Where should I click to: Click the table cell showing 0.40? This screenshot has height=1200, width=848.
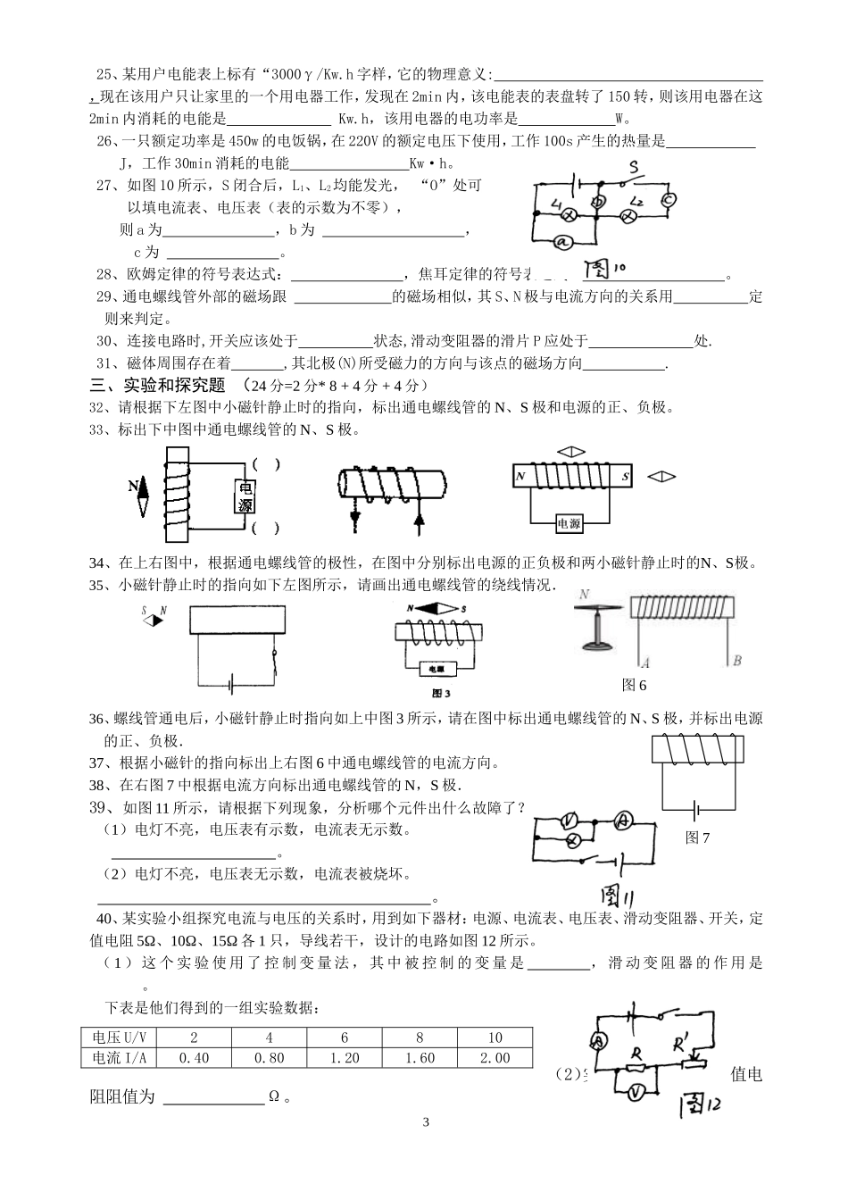pos(194,1058)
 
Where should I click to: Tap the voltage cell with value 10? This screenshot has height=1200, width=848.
pos(495,1037)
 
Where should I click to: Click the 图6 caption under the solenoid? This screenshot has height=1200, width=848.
pos(634,685)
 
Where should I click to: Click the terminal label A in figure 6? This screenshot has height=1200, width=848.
pos(644,662)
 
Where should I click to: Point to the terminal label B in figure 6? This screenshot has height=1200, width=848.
pos(736,662)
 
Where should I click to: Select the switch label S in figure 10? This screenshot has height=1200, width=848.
pos(633,167)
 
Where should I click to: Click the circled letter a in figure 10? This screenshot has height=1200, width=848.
pos(561,240)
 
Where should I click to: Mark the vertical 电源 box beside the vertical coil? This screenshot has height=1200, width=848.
pos(245,496)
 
